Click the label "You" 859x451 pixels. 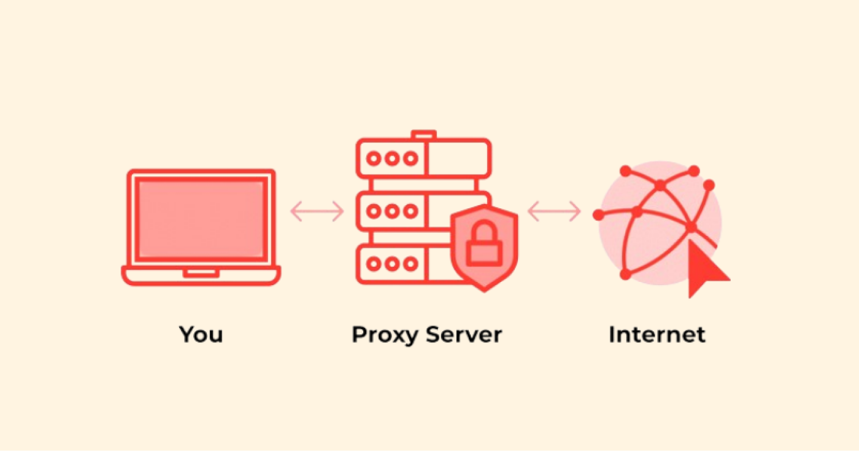pyautogui.click(x=201, y=335)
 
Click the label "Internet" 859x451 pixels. pyautogui.click(x=657, y=335)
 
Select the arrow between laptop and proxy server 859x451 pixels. pyautogui.click(x=317, y=211)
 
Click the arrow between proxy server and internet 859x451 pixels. pyautogui.click(x=554, y=211)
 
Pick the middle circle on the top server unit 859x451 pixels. pyautogui.click(x=392, y=158)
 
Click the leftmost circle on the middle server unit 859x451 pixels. pyautogui.click(x=374, y=211)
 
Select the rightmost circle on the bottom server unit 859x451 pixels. pyautogui.click(x=410, y=264)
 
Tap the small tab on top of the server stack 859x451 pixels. pyautogui.click(x=423, y=134)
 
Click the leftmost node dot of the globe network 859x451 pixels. pyautogui.click(x=599, y=215)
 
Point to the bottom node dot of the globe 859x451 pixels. pyautogui.click(x=625, y=275)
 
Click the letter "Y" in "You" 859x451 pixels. pyautogui.click(x=187, y=335)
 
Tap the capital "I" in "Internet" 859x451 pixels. pyautogui.click(x=612, y=335)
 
